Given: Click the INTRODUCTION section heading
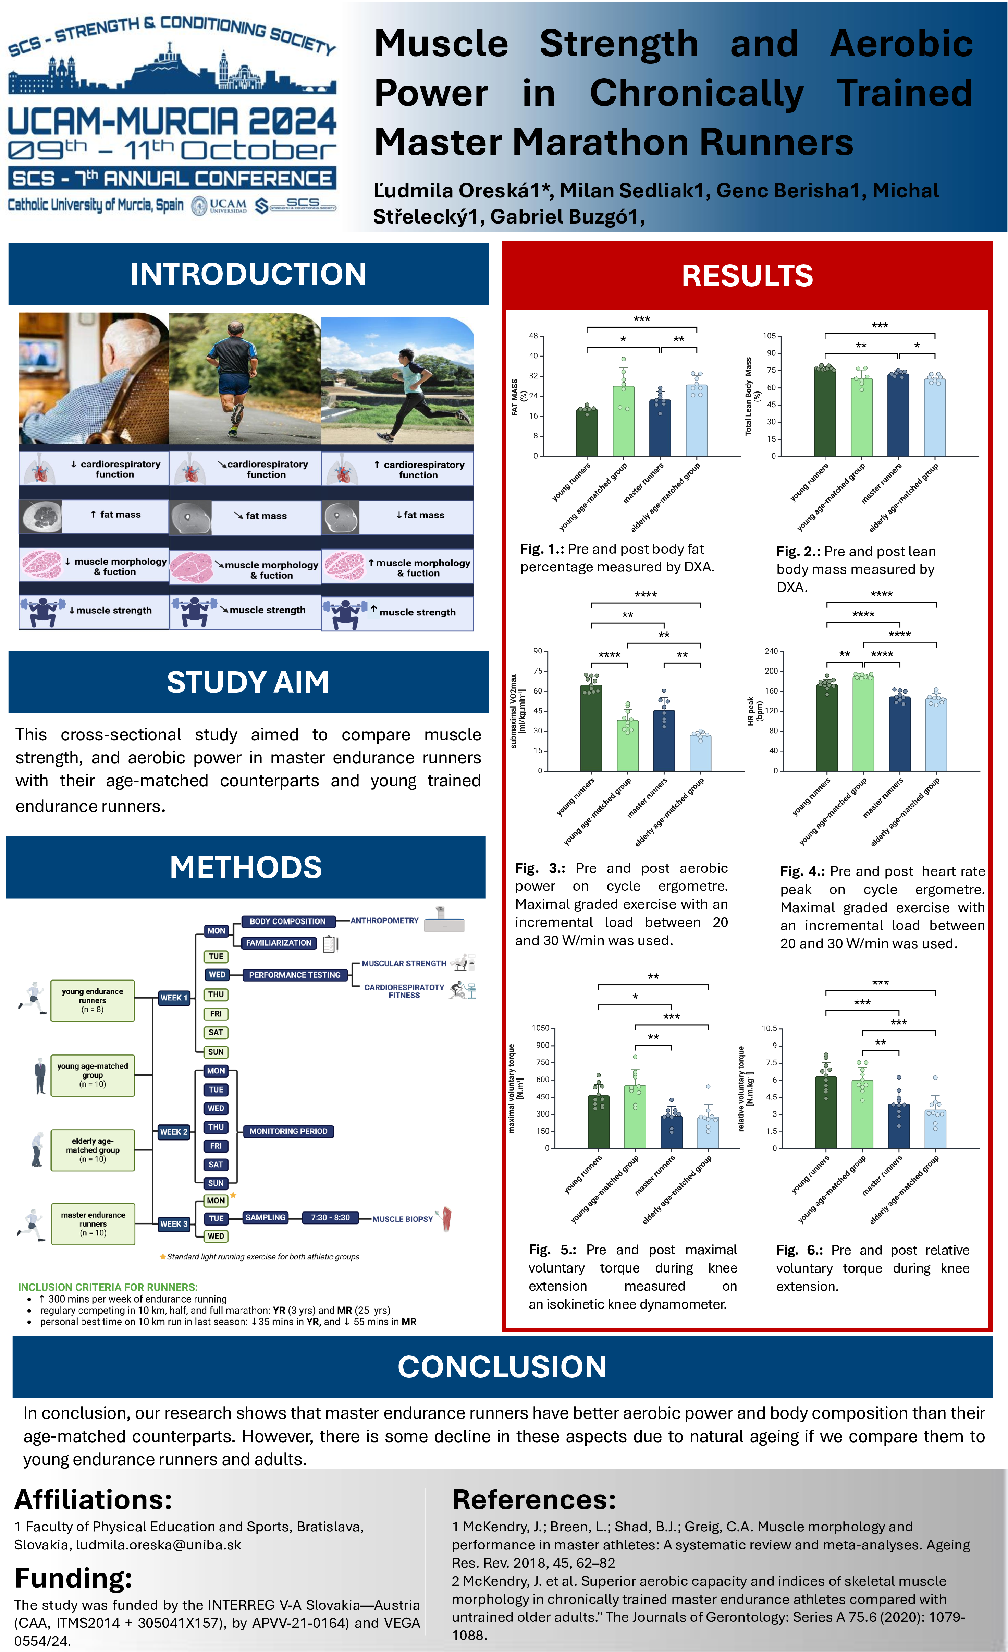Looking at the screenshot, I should click(248, 274).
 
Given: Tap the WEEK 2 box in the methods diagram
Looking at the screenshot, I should click(174, 1132).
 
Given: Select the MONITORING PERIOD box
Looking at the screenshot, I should click(288, 1131).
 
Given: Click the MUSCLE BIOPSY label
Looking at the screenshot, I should click(403, 1219).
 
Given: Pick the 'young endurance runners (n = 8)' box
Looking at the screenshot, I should click(93, 1000).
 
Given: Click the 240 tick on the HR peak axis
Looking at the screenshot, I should click(771, 651).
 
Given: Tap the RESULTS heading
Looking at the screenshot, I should click(747, 276).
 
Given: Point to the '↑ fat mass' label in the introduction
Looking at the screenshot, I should click(115, 514).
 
